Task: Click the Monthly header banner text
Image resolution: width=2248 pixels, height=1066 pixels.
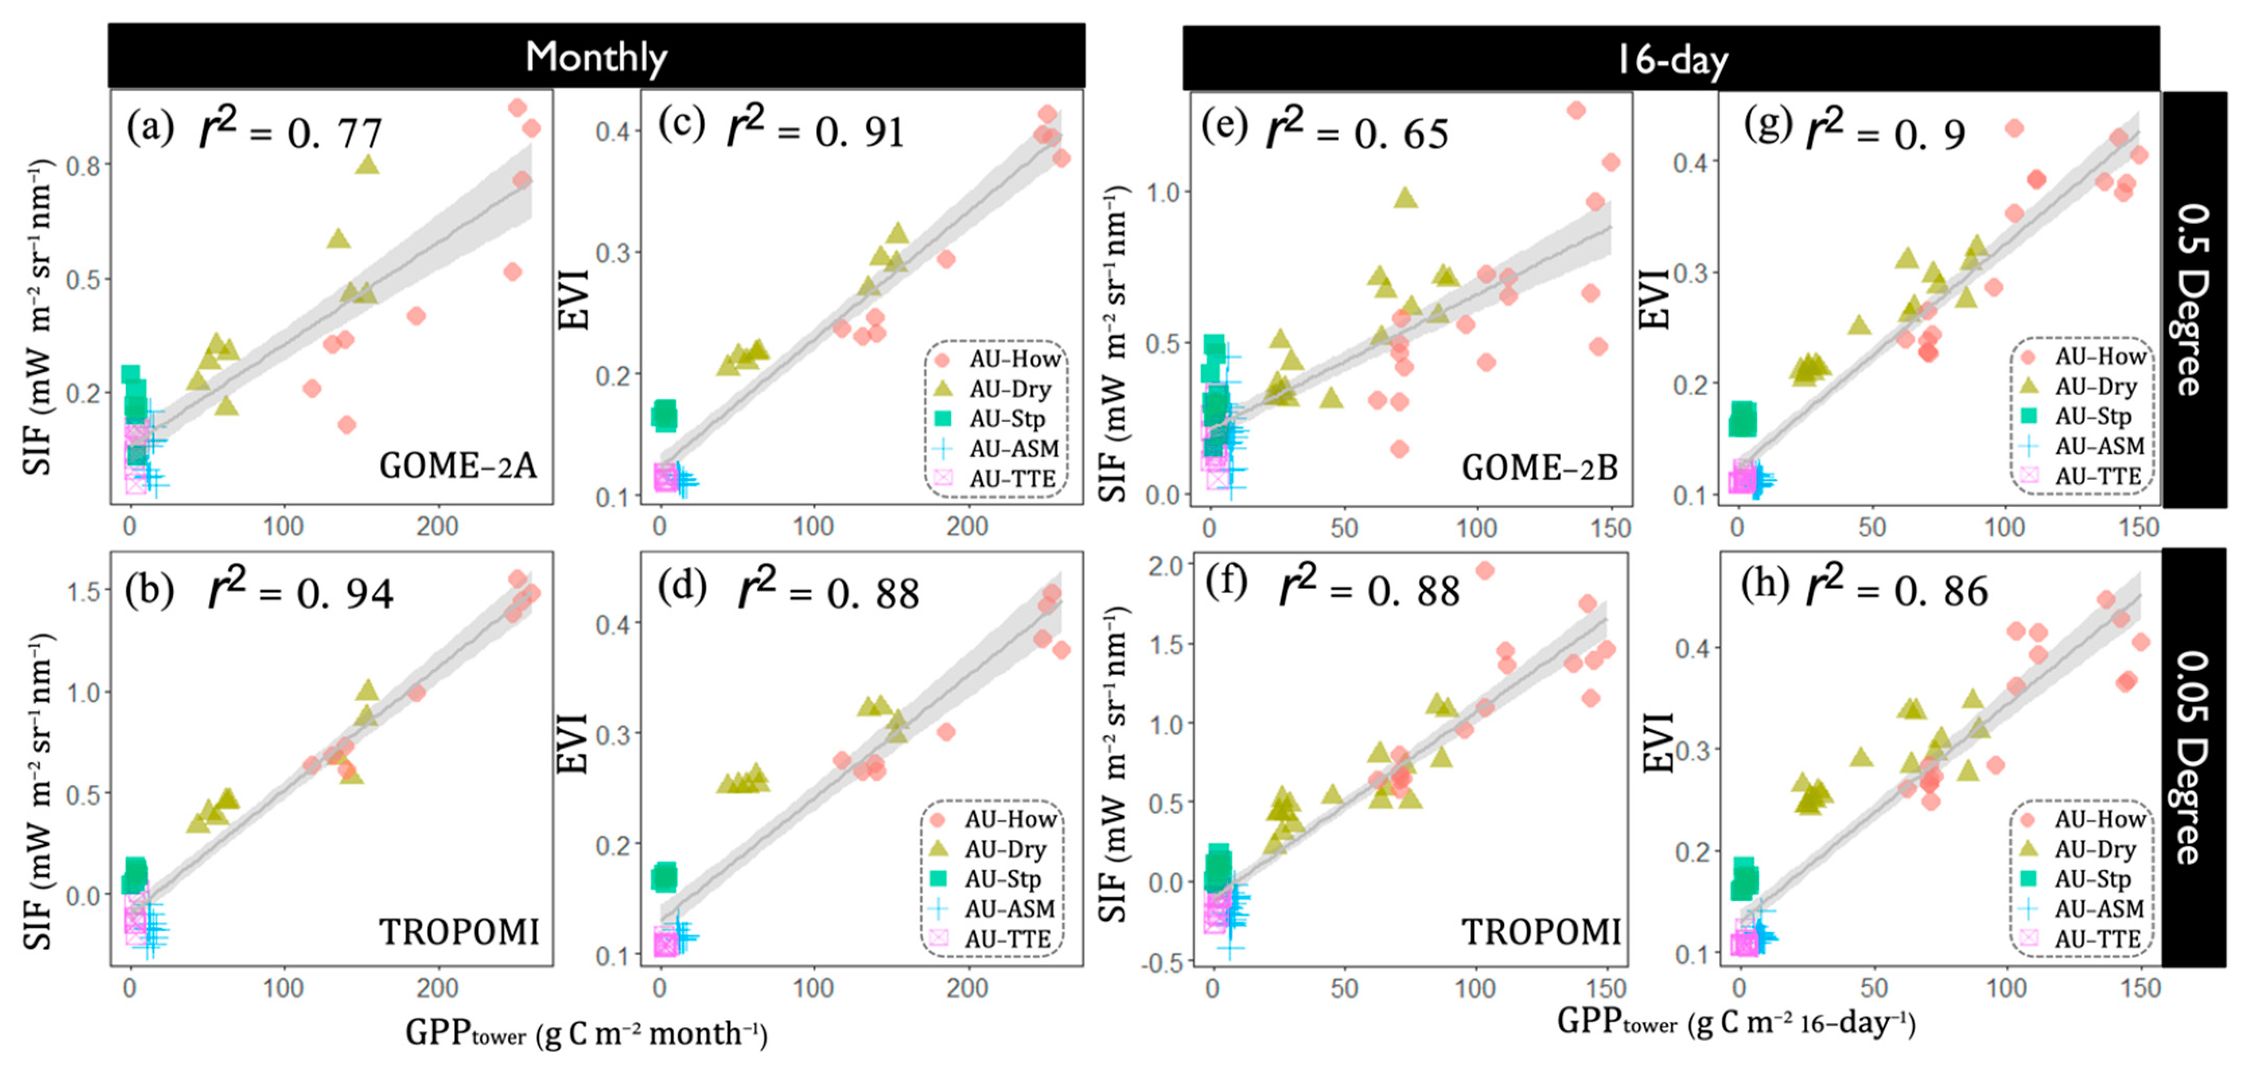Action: coord(596,57)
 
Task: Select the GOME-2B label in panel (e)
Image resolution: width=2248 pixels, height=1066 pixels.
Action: coord(1539,468)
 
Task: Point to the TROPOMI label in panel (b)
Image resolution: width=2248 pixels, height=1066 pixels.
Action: coord(459,932)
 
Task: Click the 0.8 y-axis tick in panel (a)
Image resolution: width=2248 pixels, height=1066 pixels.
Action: coord(83,165)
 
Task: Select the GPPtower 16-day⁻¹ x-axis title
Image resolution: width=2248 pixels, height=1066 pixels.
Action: coord(1736,1021)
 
